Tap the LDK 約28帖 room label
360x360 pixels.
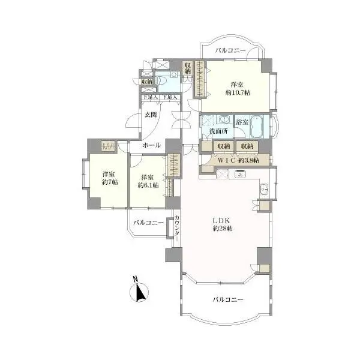[222, 224]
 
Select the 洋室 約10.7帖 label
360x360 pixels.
[238, 89]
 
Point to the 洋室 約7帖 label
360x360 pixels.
[110, 178]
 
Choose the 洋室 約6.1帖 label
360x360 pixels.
[148, 181]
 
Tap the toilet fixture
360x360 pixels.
[161, 80]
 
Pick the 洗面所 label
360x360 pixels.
[218, 131]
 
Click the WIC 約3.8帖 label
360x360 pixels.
[238, 160]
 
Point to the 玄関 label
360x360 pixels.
[151, 115]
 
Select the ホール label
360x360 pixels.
[151, 145]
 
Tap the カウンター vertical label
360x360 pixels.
[177, 228]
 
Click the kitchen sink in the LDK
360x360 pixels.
[264, 190]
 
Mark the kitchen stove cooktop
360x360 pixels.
[241, 174]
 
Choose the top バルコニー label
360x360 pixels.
[230, 50]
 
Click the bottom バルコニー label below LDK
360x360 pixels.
[228, 299]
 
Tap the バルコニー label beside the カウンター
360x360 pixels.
[149, 223]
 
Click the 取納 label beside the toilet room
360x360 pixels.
[147, 81]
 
